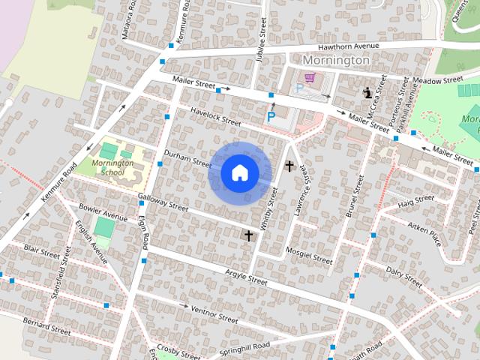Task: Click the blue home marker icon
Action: coord(239,173)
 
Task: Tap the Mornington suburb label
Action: coord(336,60)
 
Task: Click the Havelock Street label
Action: coord(215,116)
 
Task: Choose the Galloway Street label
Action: coord(163,201)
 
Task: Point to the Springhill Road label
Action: coord(244,348)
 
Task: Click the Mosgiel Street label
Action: coord(308,255)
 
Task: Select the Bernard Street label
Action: coord(46,325)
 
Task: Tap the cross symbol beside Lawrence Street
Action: coord(289,166)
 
